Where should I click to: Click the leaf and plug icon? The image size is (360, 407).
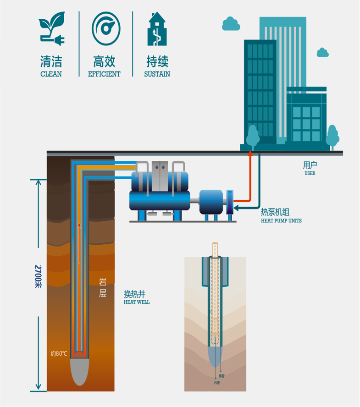pos(51,29)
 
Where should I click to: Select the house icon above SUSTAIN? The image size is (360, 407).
pos(157,29)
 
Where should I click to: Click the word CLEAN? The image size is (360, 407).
pos(51,74)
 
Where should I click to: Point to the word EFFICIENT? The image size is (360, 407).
pos(104,74)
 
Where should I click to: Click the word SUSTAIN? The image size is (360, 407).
pos(157,74)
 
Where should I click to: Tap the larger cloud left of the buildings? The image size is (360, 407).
pos(231,24)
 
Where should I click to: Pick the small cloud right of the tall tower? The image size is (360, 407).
pos(323,52)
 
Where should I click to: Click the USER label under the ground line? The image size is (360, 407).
pos(310,174)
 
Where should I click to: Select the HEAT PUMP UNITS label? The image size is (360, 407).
pos(281,220)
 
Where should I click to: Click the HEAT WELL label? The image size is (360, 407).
pos(137,302)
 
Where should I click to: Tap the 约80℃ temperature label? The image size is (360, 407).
pos(59,353)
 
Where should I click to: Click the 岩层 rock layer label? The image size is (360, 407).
pos(103,288)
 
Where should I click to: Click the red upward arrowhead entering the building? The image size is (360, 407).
pos(250,153)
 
